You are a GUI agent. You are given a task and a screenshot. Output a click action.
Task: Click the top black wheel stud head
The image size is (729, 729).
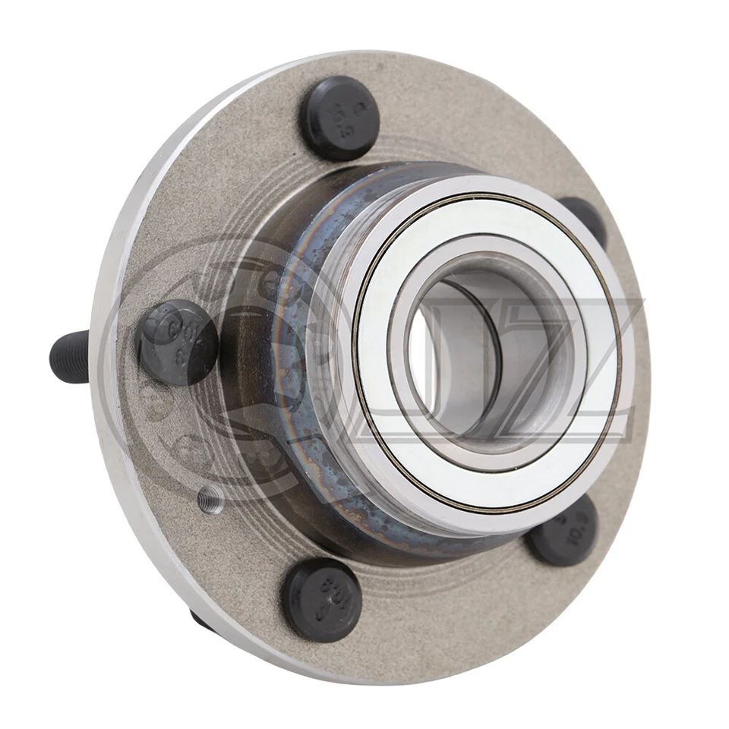339,118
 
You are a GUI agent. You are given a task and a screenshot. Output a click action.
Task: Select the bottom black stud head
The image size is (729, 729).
322,600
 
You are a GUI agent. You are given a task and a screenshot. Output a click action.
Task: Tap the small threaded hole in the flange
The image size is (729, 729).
210,498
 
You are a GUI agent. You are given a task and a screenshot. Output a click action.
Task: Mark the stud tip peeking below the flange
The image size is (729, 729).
199,619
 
